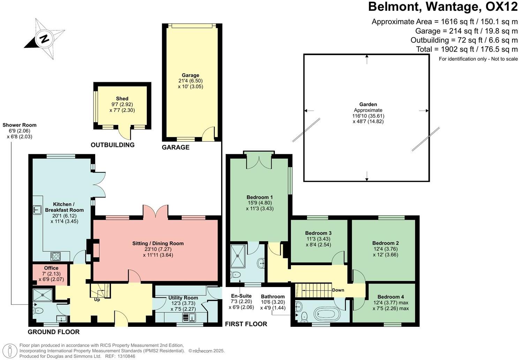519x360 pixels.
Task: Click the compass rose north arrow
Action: [44, 38]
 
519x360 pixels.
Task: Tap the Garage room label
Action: [190, 75]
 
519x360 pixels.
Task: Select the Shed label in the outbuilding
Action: [122, 99]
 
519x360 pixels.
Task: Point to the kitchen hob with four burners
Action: [55, 256]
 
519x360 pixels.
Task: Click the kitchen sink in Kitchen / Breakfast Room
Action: [37, 209]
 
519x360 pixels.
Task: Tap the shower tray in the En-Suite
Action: [239, 255]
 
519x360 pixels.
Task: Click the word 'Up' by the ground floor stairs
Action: [97, 299]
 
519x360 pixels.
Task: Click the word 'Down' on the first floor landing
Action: [338, 290]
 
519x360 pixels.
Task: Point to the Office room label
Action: [51, 268]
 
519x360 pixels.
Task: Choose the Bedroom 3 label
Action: [318, 233]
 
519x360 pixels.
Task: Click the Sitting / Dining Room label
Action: [158, 243]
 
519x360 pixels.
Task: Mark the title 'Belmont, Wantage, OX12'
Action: [443, 7]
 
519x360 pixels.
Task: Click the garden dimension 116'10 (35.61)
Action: [368, 116]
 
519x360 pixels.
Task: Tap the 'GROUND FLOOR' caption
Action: [54, 332]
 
